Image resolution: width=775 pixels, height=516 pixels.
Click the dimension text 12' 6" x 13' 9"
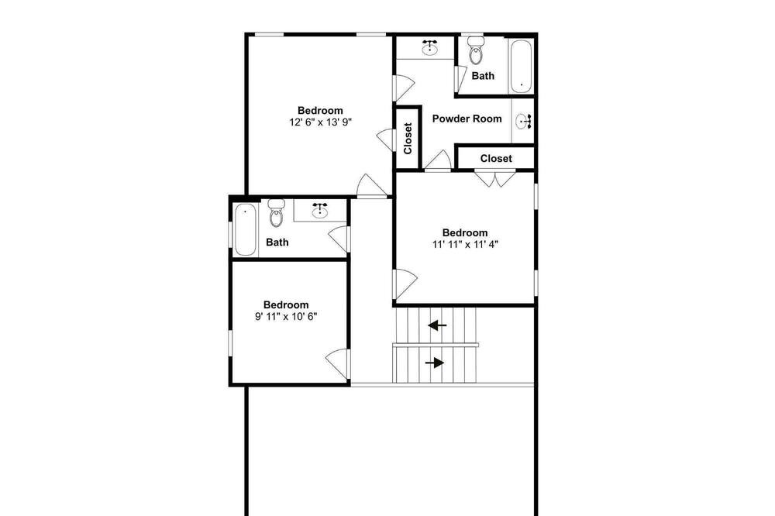click(320, 122)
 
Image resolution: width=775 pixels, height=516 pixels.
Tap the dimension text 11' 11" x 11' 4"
click(465, 244)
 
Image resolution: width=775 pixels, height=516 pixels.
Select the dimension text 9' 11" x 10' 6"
click(286, 316)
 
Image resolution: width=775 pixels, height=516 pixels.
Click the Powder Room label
click(467, 119)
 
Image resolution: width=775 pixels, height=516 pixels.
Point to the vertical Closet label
click(408, 139)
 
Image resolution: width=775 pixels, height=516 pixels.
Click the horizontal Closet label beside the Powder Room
click(496, 159)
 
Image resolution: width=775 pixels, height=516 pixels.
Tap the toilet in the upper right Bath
click(476, 50)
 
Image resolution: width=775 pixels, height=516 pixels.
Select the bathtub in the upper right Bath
click(521, 67)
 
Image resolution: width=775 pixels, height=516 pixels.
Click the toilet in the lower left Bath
click(277, 213)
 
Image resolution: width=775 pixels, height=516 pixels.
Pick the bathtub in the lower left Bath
click(245, 229)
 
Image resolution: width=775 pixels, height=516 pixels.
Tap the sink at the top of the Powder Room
click(429, 47)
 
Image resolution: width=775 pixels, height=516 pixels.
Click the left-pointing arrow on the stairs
click(437, 325)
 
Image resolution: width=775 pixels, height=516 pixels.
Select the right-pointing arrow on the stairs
click(435, 363)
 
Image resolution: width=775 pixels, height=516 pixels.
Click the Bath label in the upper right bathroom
click(483, 76)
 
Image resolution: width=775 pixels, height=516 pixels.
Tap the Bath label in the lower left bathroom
click(277, 243)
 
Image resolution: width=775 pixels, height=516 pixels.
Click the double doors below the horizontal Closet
click(495, 178)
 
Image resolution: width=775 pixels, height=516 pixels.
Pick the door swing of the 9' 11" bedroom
click(338, 364)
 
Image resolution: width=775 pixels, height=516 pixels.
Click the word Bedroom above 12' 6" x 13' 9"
click(320, 110)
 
